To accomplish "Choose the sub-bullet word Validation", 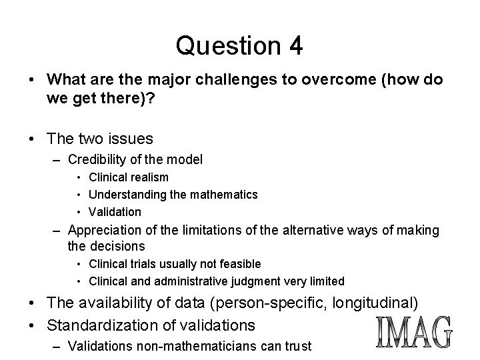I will (115, 212).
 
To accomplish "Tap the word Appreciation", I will (106, 231).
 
